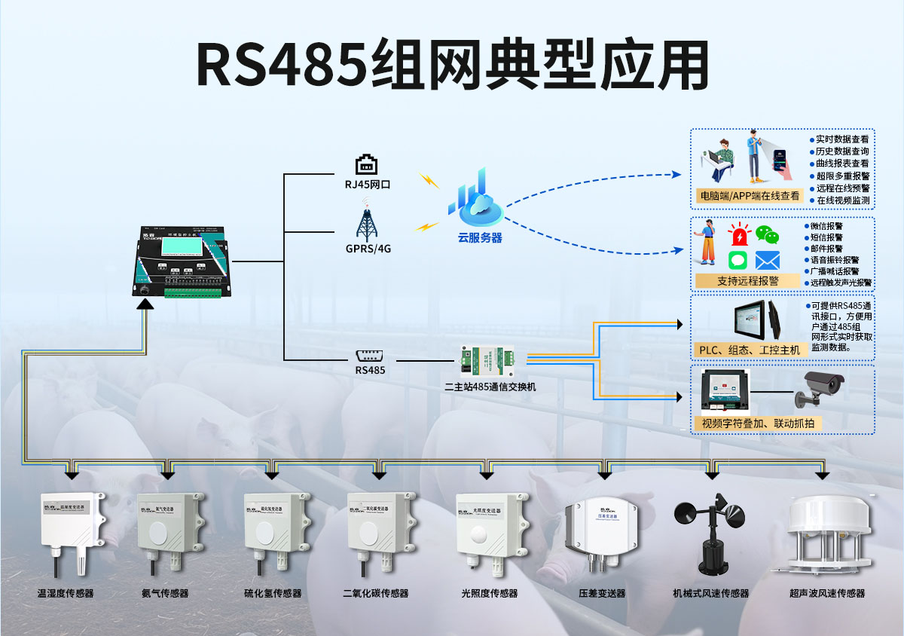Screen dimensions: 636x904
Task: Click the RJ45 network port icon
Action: (366, 164)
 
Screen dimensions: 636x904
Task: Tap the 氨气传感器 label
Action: (165, 593)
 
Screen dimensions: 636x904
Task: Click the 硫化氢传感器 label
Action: (273, 593)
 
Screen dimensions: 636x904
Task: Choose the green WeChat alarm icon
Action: (767, 234)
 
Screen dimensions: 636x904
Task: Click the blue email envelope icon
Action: (767, 261)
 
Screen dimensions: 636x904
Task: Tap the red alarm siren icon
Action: (740, 234)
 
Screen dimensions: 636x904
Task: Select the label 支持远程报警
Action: (747, 280)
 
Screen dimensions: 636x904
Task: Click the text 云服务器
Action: (480, 238)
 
